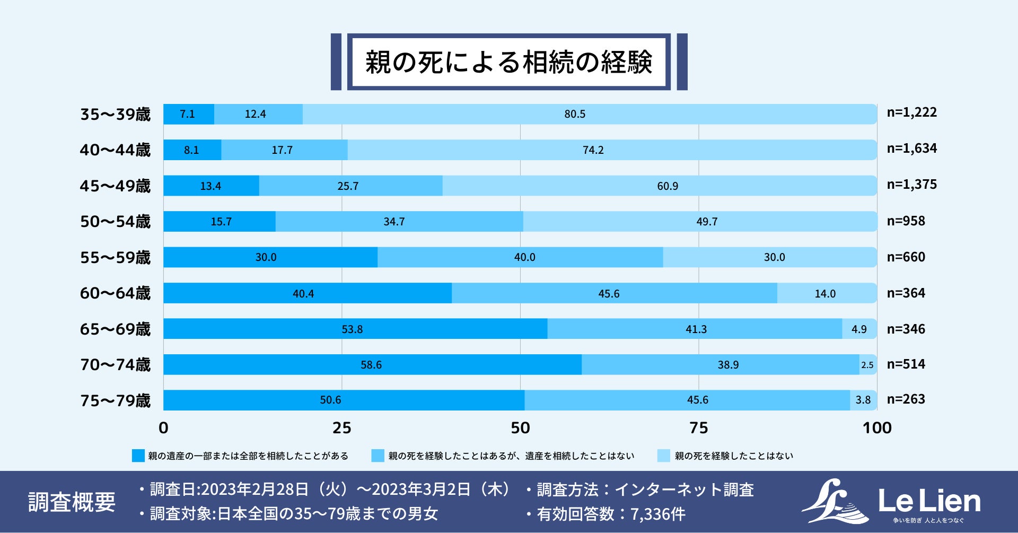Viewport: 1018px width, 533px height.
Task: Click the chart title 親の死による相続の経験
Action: [508, 62]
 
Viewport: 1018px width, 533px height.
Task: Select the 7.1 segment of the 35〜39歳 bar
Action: [188, 114]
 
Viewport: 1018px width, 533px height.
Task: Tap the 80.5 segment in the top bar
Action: [589, 114]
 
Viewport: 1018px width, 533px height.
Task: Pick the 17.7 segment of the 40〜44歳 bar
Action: [284, 150]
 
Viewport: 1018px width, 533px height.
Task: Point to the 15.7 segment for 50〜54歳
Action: [220, 222]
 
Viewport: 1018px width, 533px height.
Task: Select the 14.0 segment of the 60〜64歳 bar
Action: [826, 293]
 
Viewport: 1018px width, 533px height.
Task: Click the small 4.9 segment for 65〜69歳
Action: [859, 329]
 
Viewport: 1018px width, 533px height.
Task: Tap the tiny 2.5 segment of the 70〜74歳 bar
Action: [867, 365]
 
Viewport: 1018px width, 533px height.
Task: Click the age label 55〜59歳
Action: [115, 258]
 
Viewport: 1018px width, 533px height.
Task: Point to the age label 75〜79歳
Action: [115, 401]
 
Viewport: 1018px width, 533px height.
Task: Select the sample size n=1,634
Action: [911, 148]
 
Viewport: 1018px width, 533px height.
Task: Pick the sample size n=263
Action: [906, 399]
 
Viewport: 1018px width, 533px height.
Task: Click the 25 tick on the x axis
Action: [341, 428]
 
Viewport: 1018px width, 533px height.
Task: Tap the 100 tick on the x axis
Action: [877, 428]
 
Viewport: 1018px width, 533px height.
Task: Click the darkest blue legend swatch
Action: [138, 456]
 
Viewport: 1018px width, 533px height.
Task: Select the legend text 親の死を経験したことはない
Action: [734, 456]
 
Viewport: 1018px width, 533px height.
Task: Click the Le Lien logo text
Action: [929, 501]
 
